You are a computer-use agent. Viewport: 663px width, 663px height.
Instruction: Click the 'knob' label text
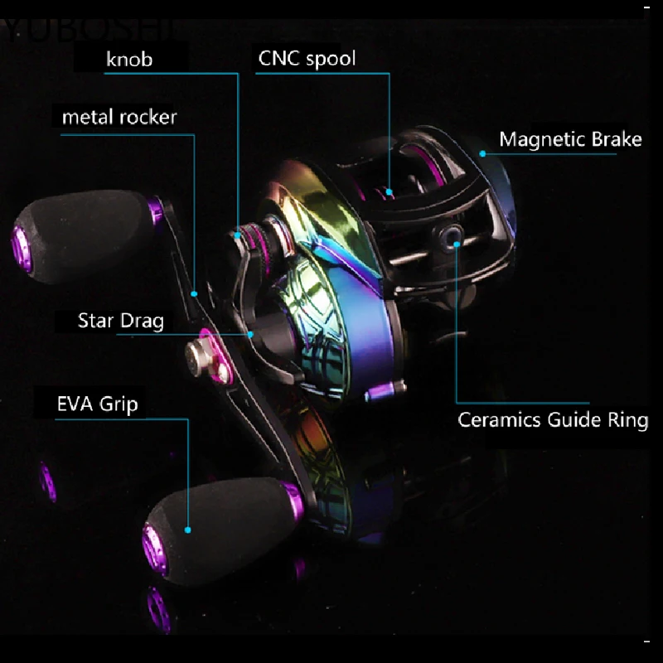pos(130,59)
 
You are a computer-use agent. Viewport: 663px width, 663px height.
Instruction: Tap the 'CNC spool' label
pos(307,59)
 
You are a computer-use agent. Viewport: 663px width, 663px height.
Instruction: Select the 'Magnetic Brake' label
pos(570,138)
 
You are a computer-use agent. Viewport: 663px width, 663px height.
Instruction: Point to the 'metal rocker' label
pos(119,117)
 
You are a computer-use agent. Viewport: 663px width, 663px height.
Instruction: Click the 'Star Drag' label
pos(121,320)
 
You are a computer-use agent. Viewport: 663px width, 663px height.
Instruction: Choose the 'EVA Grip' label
pos(97,404)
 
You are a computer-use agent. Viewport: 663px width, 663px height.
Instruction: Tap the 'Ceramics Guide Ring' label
pos(553,419)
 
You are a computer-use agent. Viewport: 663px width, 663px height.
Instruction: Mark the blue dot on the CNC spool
pos(389,191)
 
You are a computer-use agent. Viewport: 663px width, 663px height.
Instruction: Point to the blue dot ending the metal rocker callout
pos(194,293)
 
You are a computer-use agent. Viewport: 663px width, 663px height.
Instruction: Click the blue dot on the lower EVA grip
pos(189,529)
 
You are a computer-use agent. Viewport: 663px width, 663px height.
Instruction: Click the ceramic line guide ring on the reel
pos(453,238)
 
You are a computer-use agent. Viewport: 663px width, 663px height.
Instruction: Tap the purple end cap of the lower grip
pos(154,543)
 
